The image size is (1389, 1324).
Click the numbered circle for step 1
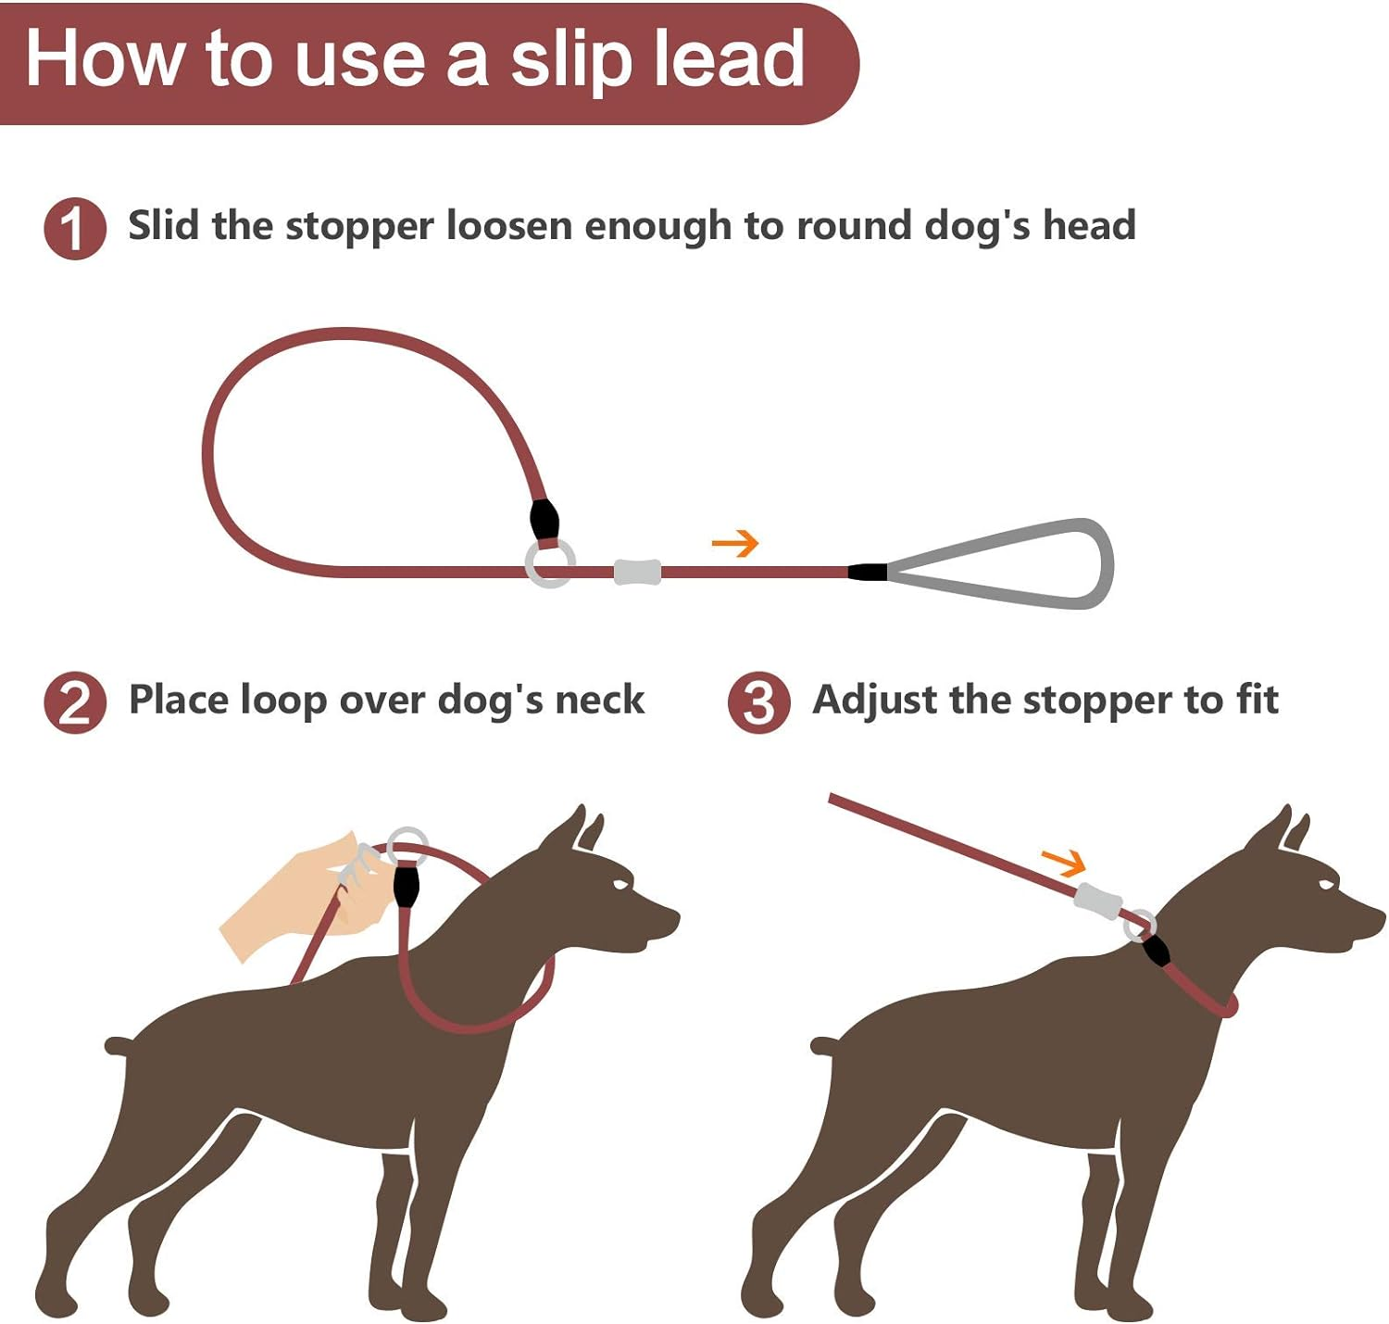(75, 228)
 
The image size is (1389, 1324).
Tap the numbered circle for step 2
(75, 702)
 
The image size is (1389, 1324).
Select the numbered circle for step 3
(758, 702)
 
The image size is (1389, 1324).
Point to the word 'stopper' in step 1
(359, 227)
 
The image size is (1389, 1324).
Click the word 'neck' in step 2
(599, 700)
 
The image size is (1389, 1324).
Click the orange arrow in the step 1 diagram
(735, 543)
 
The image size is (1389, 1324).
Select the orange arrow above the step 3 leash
(1063, 863)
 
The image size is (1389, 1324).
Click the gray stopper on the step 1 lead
(637, 572)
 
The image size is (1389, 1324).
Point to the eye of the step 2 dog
(618, 885)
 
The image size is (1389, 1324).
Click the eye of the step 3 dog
(1325, 885)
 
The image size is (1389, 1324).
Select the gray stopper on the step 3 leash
(1097, 900)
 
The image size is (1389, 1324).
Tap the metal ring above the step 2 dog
(407, 846)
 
